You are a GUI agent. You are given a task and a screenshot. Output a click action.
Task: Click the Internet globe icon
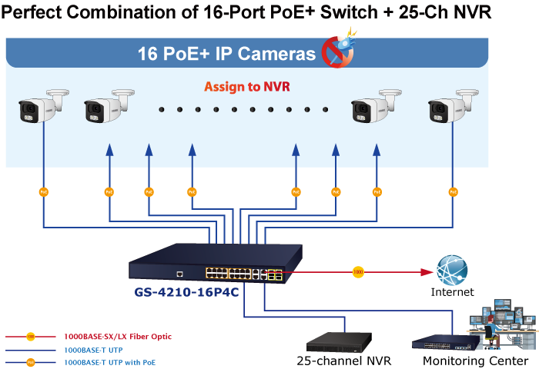[x=452, y=271]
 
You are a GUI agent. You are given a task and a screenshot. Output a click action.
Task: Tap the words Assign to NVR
[x=246, y=87]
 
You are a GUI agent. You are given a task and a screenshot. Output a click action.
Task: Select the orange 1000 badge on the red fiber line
[x=357, y=271]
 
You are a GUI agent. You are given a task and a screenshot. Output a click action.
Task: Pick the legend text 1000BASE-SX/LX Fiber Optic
[x=118, y=337]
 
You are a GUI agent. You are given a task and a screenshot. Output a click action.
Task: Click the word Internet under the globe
[x=452, y=292]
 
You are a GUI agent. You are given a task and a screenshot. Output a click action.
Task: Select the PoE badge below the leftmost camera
[x=44, y=191]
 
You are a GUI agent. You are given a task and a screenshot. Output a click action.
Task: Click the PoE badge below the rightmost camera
[x=454, y=191]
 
